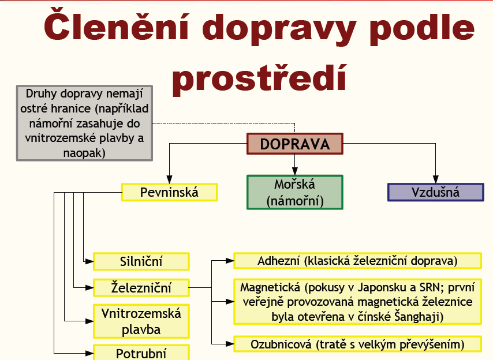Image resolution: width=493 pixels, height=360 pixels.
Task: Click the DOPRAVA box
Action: pos(294,144)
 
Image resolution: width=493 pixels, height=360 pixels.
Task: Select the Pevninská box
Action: pos(170,192)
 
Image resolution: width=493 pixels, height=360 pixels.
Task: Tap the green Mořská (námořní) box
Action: pos(294,192)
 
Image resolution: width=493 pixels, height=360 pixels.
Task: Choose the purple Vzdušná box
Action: pos(435,192)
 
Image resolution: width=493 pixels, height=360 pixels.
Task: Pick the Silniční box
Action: pos(141,261)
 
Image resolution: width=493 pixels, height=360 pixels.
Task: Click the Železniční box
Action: pos(141,288)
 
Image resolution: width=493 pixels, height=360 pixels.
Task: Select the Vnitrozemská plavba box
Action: pos(141,321)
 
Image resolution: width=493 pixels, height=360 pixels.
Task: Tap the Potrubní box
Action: pos(141,352)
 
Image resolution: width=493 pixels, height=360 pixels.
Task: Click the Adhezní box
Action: pos(357,261)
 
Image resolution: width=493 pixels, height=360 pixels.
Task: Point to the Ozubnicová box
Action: pos(357,344)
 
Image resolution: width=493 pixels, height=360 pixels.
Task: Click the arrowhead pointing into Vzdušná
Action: pos(435,179)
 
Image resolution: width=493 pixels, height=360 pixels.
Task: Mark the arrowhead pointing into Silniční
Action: pos(89,261)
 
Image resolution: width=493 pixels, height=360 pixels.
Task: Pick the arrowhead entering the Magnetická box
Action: pos(230,302)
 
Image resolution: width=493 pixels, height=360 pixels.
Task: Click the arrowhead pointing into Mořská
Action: pos(294,171)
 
